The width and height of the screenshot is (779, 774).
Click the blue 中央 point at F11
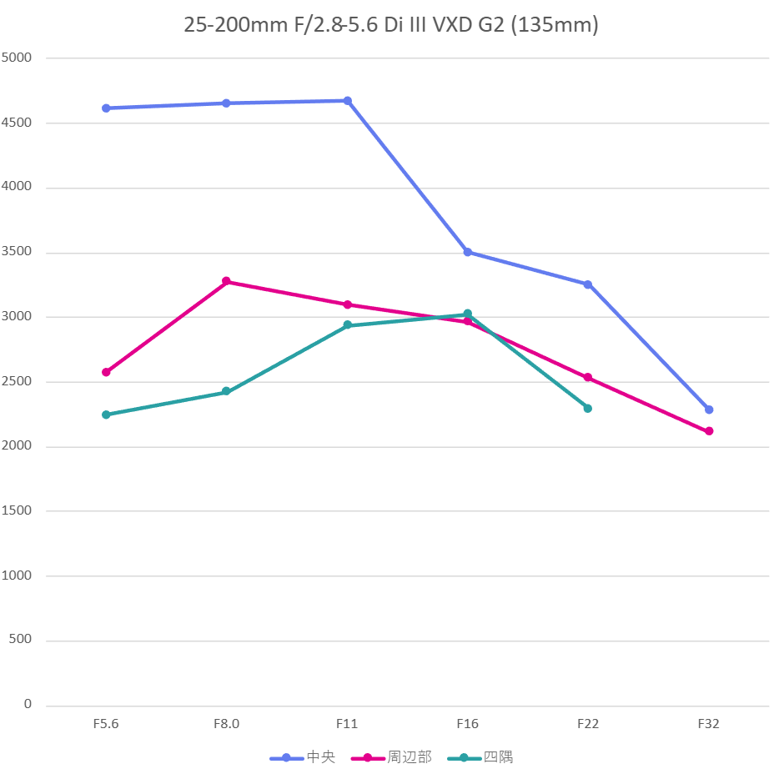347,101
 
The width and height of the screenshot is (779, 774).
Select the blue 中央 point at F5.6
106,108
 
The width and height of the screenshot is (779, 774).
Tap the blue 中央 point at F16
467,252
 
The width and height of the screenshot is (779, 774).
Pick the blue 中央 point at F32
709,410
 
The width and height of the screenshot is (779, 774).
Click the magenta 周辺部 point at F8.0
226,281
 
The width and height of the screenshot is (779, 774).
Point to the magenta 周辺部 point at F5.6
106,372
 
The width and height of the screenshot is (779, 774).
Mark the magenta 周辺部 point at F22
588,377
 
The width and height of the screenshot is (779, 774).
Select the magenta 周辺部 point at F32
709,431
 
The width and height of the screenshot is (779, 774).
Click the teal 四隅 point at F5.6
106,415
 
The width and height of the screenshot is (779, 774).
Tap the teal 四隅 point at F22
588,408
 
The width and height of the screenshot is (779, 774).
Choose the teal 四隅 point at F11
347,325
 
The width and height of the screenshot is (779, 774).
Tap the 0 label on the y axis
28,705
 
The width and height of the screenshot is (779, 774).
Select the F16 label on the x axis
467,724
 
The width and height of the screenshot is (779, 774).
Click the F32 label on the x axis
709,724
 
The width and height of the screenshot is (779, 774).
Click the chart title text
390,25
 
